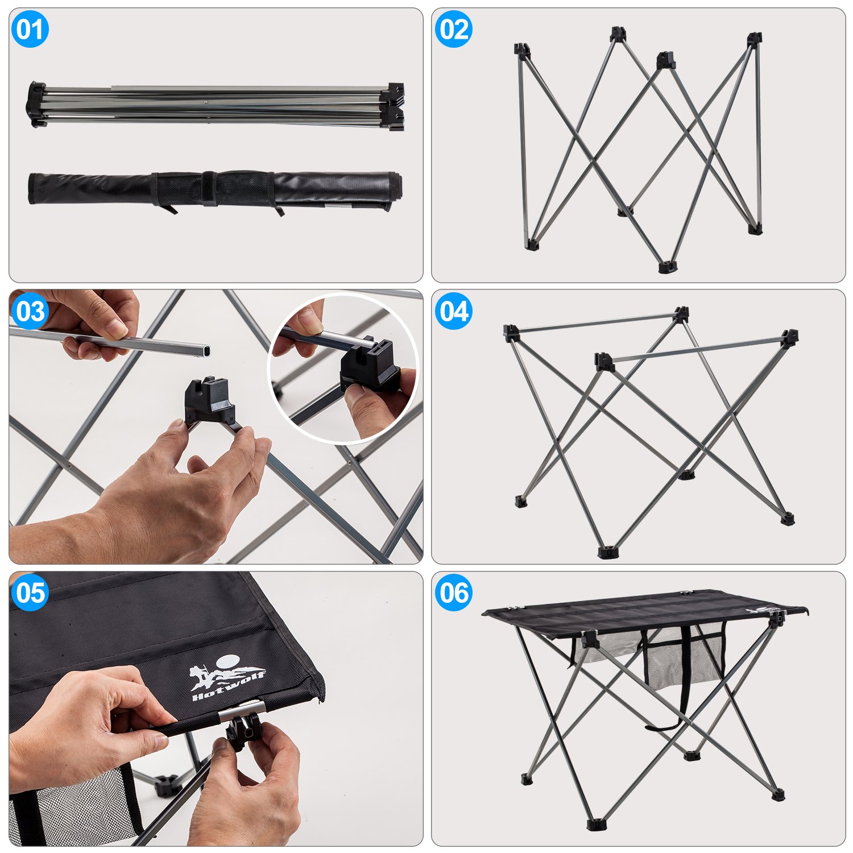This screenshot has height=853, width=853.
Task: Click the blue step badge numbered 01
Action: pyautogui.click(x=30, y=29)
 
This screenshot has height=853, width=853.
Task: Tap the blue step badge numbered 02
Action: pyautogui.click(x=453, y=29)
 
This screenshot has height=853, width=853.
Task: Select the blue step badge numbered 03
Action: pyautogui.click(x=30, y=311)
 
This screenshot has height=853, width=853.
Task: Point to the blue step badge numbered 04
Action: pyautogui.click(x=453, y=311)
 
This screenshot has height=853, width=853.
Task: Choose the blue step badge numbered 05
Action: pyautogui.click(x=30, y=593)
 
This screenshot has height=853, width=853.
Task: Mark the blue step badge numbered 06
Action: pyautogui.click(x=453, y=593)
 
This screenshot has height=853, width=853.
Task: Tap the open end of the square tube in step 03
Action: pyautogui.click(x=206, y=350)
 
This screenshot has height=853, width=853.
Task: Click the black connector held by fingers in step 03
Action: pyautogui.click(x=209, y=400)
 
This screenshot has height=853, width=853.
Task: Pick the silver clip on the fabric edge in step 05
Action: pyautogui.click(x=242, y=711)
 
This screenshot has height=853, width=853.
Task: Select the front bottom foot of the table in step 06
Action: pyautogui.click(x=595, y=823)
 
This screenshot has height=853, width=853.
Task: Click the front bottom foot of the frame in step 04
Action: pyautogui.click(x=607, y=552)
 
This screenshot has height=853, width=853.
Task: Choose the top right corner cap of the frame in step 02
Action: pyautogui.click(x=754, y=39)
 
